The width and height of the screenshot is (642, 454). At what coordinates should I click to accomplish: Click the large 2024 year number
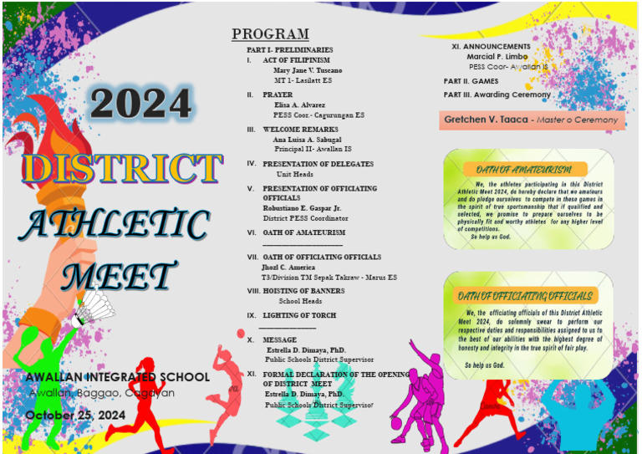click(x=140, y=103)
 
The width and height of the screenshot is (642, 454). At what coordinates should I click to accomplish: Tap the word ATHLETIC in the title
click(x=114, y=224)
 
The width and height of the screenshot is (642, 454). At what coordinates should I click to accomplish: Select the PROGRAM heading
click(x=270, y=34)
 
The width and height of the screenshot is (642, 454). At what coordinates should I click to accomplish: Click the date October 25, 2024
click(x=75, y=415)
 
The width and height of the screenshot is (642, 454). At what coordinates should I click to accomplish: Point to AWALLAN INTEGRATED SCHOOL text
click(x=117, y=378)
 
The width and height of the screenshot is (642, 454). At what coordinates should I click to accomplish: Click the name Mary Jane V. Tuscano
click(x=308, y=70)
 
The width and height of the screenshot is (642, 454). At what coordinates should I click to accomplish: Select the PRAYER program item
click(x=278, y=95)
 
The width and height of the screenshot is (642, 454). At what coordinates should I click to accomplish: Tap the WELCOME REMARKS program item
click(x=300, y=130)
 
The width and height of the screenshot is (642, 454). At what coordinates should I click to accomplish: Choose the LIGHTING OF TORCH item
click(x=299, y=315)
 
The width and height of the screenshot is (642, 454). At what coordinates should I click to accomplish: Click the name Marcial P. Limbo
click(x=497, y=56)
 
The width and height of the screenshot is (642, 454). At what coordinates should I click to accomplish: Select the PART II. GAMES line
click(x=471, y=81)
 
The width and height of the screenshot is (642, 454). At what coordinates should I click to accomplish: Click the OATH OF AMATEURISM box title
click(x=520, y=170)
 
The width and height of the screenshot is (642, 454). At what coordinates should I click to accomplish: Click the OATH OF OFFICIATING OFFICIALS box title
click(x=525, y=296)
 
